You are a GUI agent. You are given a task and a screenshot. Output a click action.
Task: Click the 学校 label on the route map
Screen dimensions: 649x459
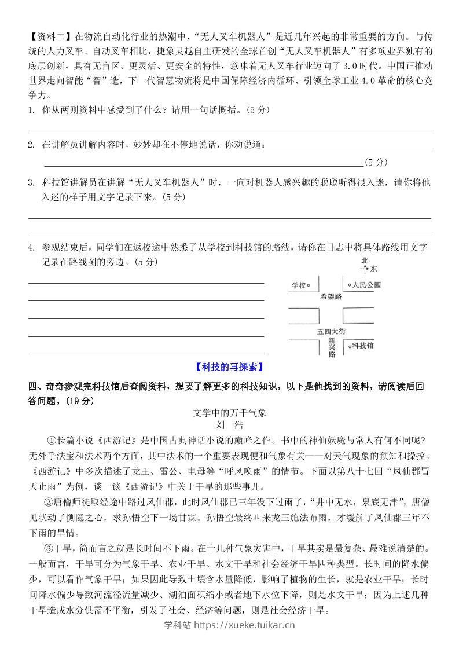click(298, 285)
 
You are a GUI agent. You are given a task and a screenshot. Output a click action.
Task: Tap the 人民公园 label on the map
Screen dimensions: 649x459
click(367, 285)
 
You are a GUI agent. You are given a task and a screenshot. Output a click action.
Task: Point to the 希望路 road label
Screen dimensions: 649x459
click(331, 296)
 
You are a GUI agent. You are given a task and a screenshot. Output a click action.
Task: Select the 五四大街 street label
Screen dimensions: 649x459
click(331, 331)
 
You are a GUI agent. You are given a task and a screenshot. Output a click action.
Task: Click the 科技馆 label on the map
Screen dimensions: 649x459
click(363, 345)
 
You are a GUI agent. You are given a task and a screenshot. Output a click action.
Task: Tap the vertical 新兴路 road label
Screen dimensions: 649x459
click(332, 347)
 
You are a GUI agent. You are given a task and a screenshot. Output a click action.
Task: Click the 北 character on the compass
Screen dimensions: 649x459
click(364, 261)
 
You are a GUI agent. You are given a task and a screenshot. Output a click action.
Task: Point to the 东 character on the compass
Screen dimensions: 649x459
click(373, 269)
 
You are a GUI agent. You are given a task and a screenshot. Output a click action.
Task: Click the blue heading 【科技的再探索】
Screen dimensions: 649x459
click(229, 366)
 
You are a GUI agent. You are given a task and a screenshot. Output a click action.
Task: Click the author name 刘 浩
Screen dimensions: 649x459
click(229, 426)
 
